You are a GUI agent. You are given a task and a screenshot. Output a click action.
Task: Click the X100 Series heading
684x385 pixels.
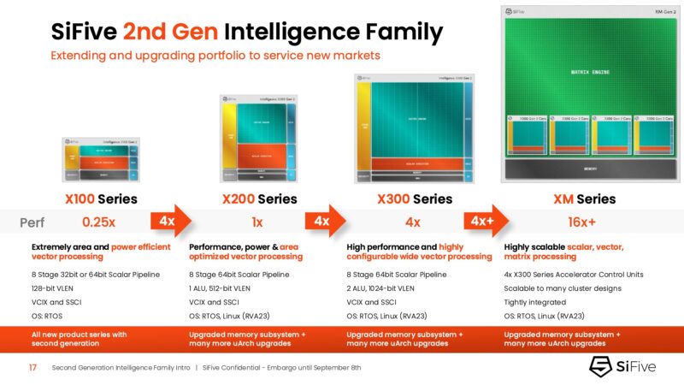pos(101,198)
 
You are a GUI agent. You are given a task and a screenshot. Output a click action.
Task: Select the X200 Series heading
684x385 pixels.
pos(259,198)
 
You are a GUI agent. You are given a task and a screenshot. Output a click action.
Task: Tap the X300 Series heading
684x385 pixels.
pos(415,198)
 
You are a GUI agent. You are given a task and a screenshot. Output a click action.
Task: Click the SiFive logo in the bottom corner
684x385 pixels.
pos(626,367)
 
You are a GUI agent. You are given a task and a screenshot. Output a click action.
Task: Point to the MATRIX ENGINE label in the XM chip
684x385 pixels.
pos(590,73)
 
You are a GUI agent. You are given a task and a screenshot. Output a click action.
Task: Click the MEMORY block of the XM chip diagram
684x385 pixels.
pos(589,169)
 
